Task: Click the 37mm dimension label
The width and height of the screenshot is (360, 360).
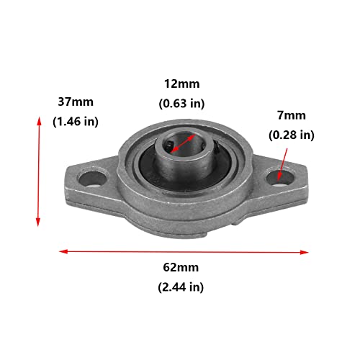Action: click(76, 102)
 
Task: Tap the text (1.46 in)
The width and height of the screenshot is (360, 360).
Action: click(76, 122)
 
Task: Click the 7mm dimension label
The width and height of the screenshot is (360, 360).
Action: click(292, 114)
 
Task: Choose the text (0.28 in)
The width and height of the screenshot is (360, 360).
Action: click(292, 135)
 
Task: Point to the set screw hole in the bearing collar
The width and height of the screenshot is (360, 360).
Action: click(166, 147)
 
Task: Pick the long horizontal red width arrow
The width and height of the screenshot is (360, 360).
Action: click(184, 251)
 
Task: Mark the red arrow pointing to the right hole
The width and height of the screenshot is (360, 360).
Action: click(284, 159)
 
